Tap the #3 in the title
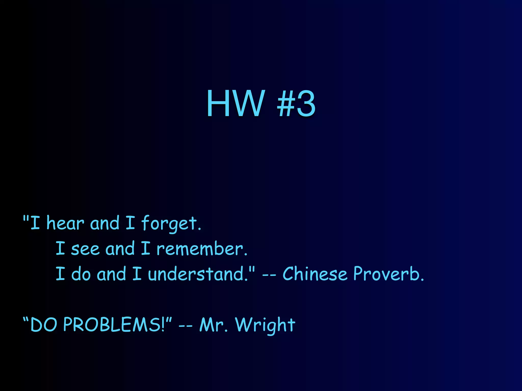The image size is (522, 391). click(x=296, y=104)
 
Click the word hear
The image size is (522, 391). click(x=65, y=223)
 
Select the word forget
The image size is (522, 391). click(x=171, y=224)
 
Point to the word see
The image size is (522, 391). click(x=85, y=249)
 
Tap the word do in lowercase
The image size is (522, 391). click(x=81, y=274)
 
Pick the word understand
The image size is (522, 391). click(x=198, y=274)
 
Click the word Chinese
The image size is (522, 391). click(x=315, y=274)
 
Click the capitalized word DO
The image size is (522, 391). click(x=44, y=325)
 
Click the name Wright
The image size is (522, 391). click(x=265, y=325)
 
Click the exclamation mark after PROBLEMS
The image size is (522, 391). click(x=163, y=325)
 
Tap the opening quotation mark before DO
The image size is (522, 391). click(x=26, y=319)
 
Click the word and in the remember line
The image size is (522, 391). click(x=120, y=248)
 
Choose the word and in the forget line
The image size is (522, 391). click(x=105, y=223)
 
